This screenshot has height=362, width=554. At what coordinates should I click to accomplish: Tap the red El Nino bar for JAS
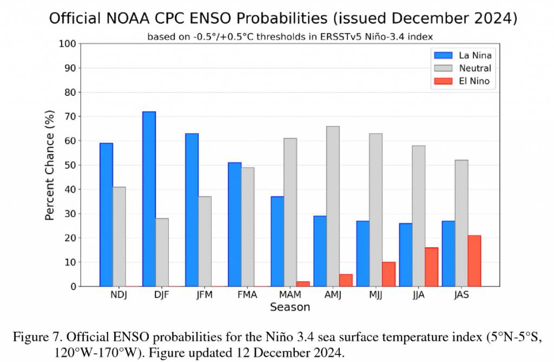pos(474,261)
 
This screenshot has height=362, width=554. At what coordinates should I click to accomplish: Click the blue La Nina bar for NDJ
pos(107,214)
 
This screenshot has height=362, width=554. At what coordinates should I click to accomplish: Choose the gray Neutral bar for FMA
pos(247,227)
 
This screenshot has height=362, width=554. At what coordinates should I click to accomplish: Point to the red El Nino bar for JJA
pos(432,267)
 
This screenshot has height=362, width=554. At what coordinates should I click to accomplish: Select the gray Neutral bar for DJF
pos(162,252)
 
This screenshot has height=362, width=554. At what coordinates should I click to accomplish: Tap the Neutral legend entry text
pos(475,68)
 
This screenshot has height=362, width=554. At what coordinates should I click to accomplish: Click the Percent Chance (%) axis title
pos(50,165)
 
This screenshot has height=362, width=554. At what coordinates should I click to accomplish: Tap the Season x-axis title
pos(290,307)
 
